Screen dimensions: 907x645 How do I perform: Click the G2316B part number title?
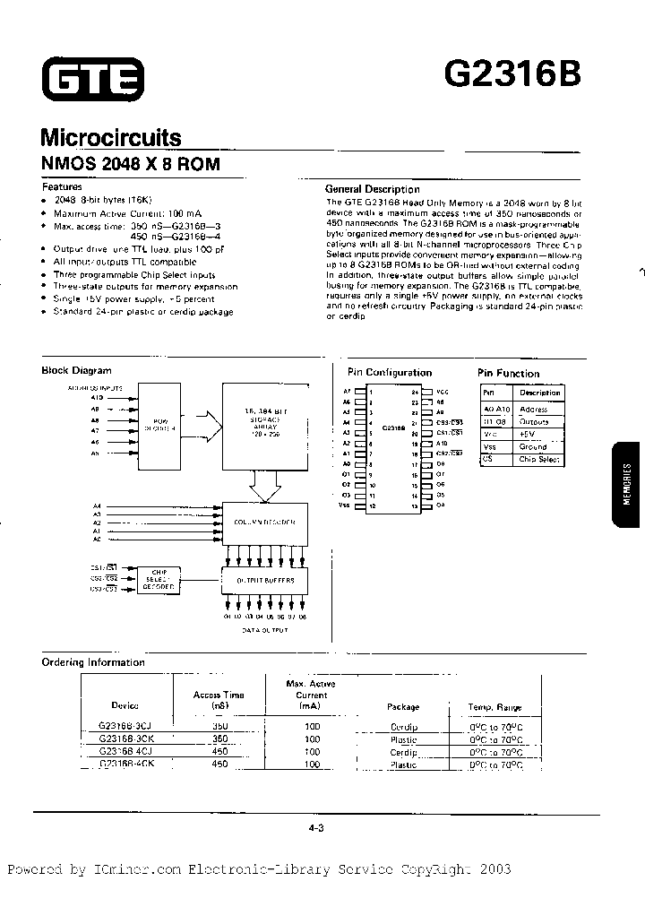coord(512,76)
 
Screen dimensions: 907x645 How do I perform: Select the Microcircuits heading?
coord(111,138)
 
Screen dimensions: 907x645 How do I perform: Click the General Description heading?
coord(372,189)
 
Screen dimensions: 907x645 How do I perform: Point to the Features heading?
coord(62,187)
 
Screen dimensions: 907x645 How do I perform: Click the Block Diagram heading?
coord(77,370)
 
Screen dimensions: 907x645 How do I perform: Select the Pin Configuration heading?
coord(389,373)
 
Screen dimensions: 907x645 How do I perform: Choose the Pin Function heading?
coord(508,373)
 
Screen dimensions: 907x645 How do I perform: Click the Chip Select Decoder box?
coord(159,580)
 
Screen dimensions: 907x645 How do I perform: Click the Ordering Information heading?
coord(93,662)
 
